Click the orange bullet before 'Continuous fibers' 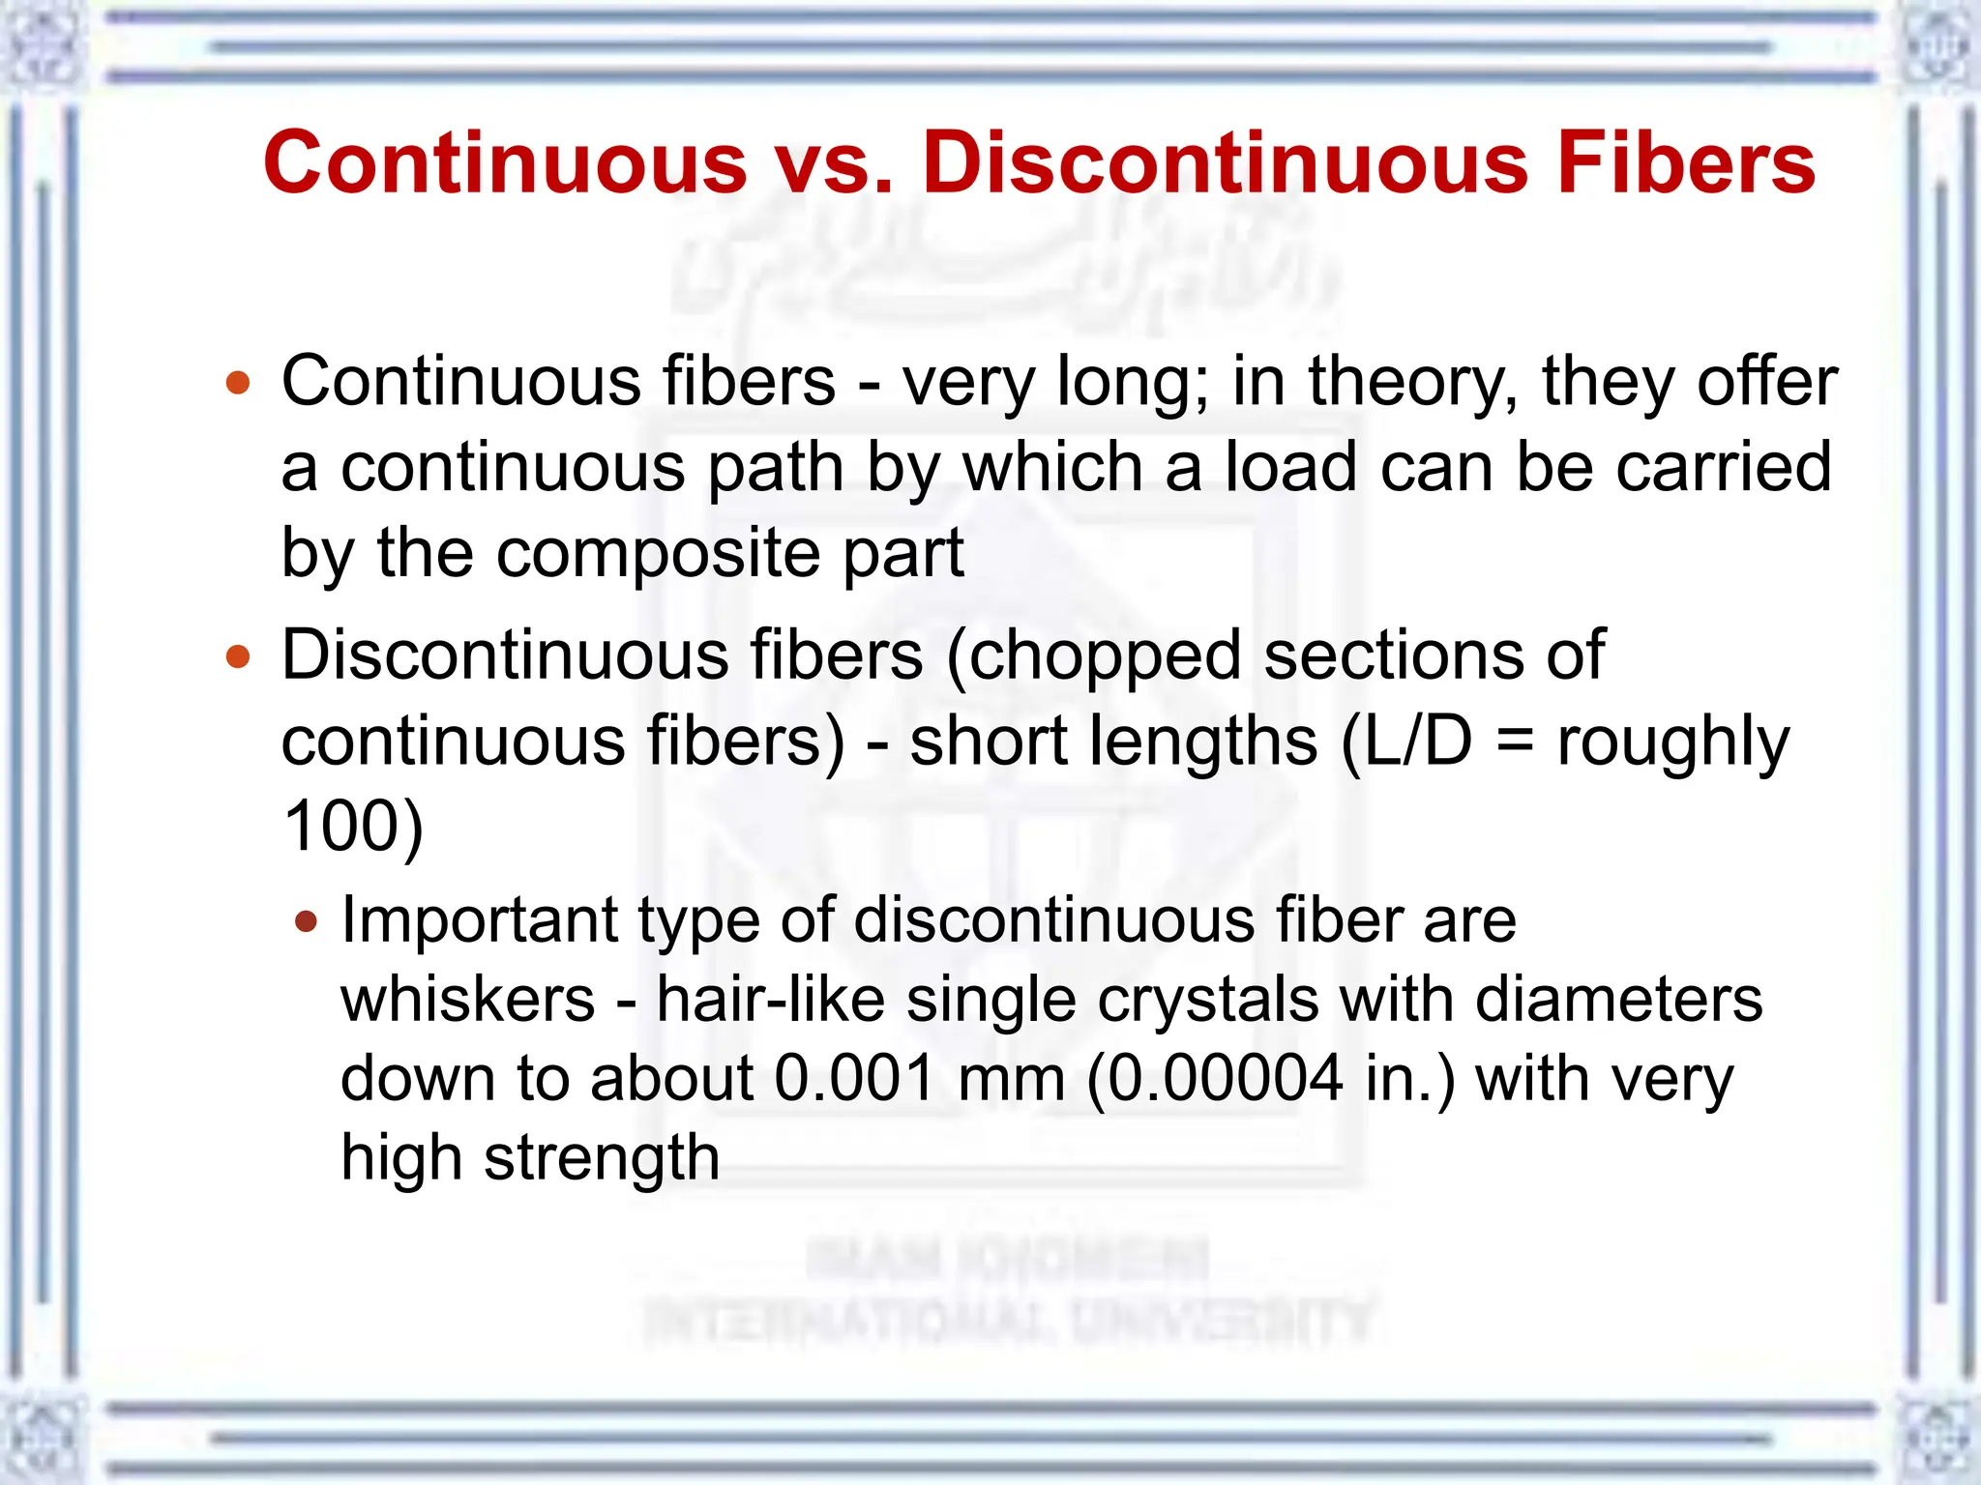(238, 383)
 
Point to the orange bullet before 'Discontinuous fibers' (238, 657)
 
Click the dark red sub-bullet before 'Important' (306, 920)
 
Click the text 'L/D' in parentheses (1419, 742)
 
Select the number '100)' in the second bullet (353, 827)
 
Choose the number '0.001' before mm (854, 1078)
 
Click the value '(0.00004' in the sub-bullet (1215, 1078)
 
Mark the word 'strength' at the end (602, 1158)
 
